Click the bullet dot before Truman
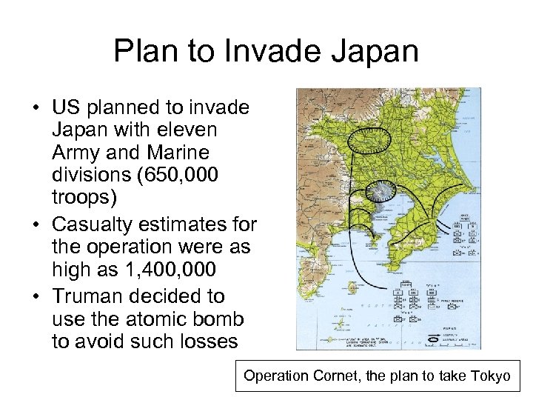click(36, 296)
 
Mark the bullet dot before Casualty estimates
click(36, 224)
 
